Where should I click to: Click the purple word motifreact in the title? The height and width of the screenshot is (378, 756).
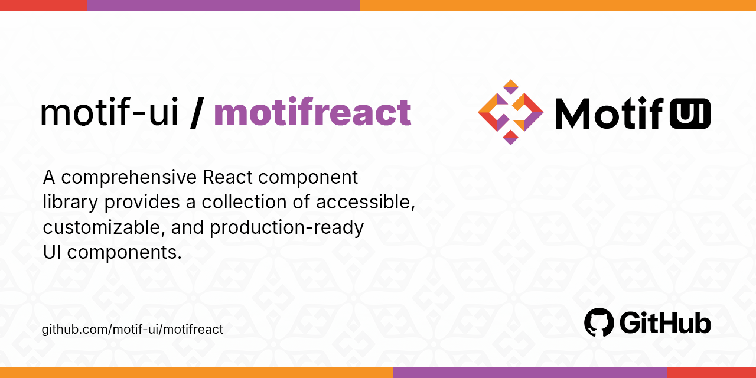[312, 112]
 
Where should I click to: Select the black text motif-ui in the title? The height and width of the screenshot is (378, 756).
[109, 112]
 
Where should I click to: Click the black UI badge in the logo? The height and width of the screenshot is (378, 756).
[689, 113]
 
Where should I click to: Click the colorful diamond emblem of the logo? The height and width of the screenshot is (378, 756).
[510, 112]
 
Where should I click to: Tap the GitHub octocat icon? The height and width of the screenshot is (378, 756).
[599, 322]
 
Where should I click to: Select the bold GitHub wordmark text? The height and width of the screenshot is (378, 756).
[665, 323]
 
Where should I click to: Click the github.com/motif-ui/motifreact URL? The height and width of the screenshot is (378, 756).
[132, 330]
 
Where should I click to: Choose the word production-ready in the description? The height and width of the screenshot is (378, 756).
[286, 227]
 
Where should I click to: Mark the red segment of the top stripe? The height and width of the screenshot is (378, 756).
[43, 5]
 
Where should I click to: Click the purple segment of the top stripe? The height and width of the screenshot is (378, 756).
[223, 5]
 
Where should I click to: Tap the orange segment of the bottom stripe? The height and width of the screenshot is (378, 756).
[196, 372]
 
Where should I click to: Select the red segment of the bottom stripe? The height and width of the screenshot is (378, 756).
[711, 372]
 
